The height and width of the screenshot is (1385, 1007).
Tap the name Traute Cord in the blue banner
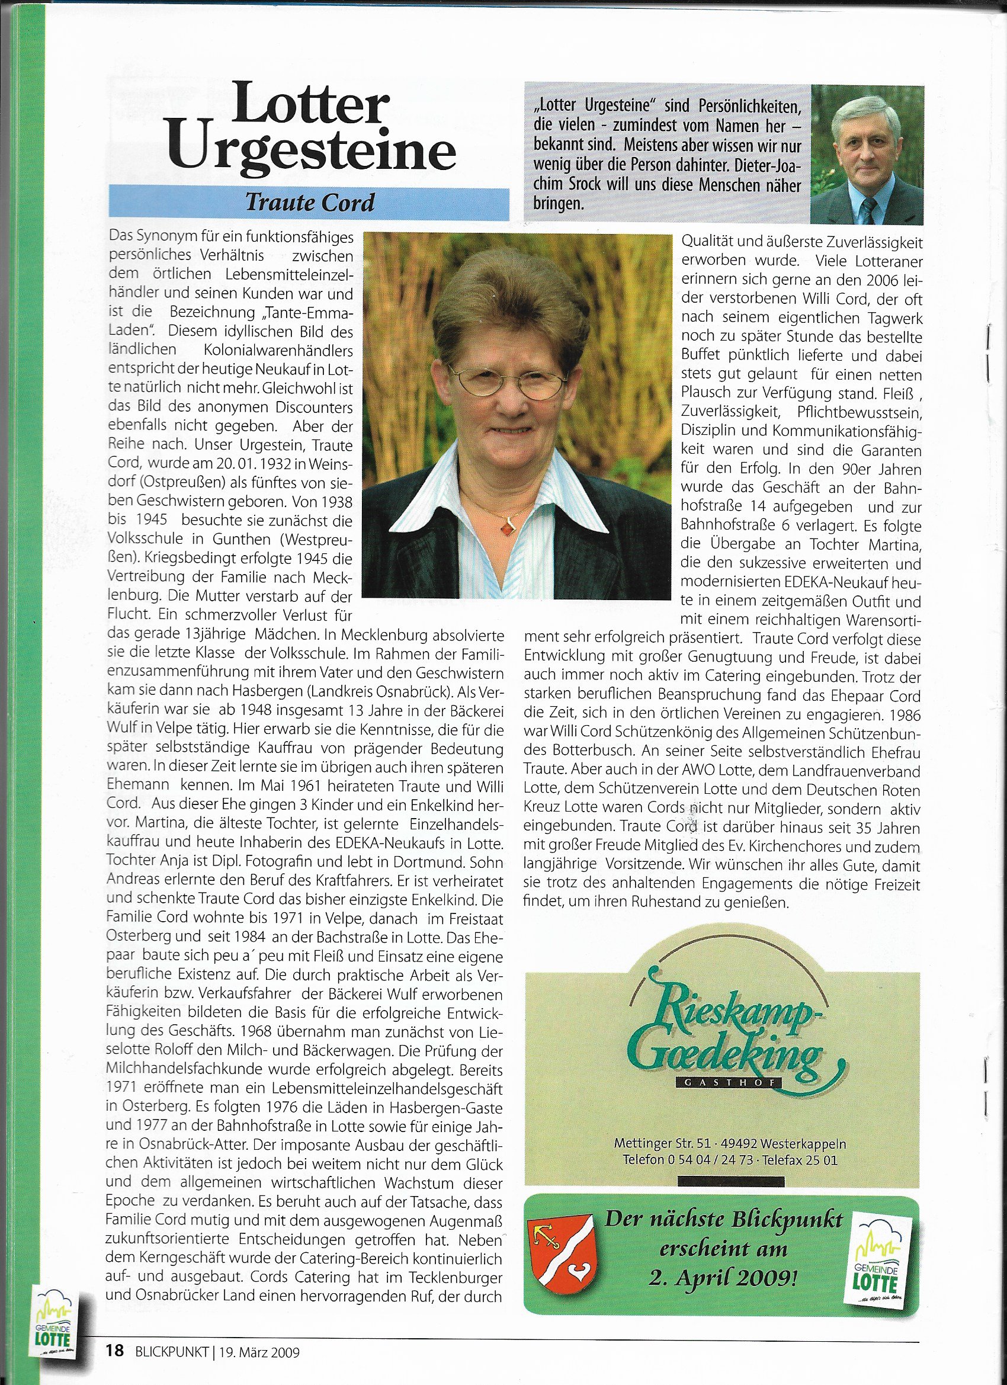pos(310,202)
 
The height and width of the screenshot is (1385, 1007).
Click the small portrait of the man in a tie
pos(867,155)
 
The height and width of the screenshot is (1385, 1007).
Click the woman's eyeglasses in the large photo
pos(512,383)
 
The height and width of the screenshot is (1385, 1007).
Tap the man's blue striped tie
pos(869,210)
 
